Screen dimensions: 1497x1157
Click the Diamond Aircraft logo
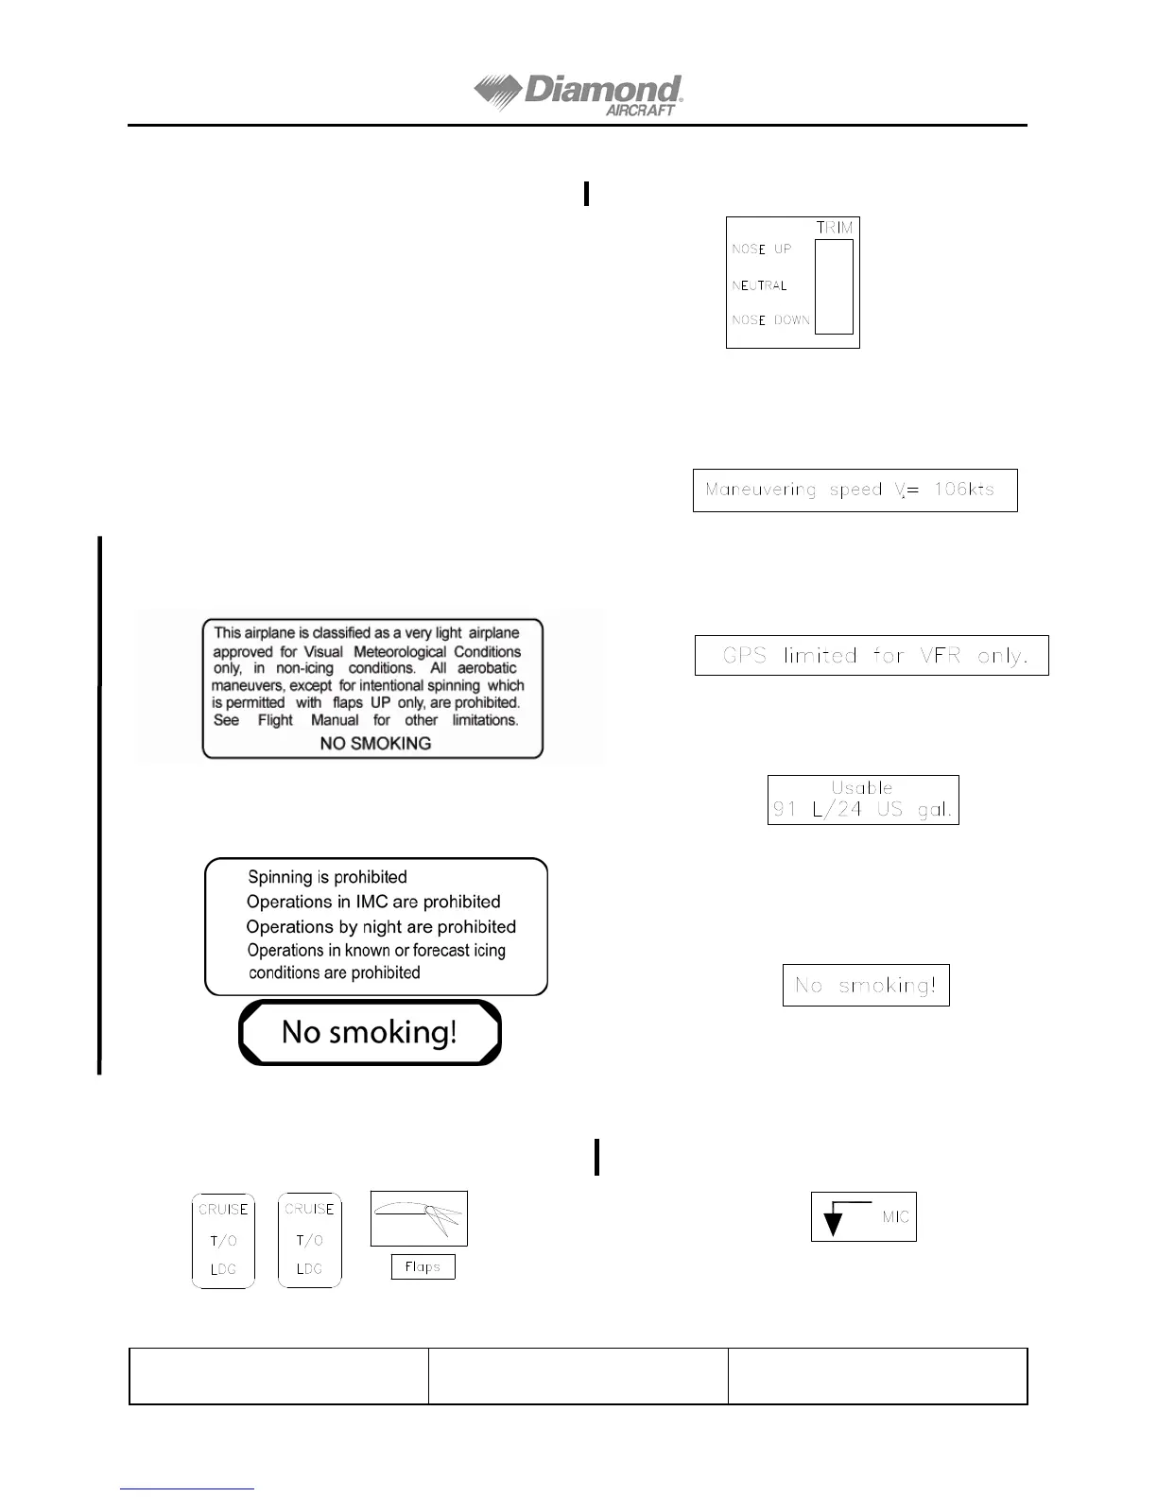click(578, 95)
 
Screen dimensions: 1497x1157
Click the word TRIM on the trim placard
click(835, 228)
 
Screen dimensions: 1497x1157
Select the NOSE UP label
click(762, 249)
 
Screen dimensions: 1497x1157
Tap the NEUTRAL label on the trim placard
click(759, 285)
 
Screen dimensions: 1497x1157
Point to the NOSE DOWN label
click(770, 320)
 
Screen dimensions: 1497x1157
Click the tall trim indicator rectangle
click(834, 286)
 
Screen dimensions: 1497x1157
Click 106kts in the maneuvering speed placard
click(963, 490)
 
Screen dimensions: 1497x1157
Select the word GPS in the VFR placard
click(744, 656)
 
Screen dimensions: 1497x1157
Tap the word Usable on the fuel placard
click(862, 787)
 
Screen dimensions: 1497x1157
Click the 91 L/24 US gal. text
click(862, 810)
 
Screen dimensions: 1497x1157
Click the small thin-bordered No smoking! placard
click(866, 986)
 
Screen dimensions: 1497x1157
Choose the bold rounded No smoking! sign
click(370, 1032)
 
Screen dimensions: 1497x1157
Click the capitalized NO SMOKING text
click(375, 744)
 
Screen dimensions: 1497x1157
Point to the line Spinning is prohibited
click(327, 877)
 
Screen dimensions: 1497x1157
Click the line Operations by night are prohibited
click(381, 927)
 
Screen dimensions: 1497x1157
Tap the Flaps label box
click(423, 1267)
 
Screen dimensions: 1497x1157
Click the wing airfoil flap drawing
click(419, 1218)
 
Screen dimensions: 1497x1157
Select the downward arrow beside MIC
click(833, 1221)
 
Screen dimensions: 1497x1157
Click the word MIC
click(895, 1217)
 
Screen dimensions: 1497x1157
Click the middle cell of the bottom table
click(578, 1376)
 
